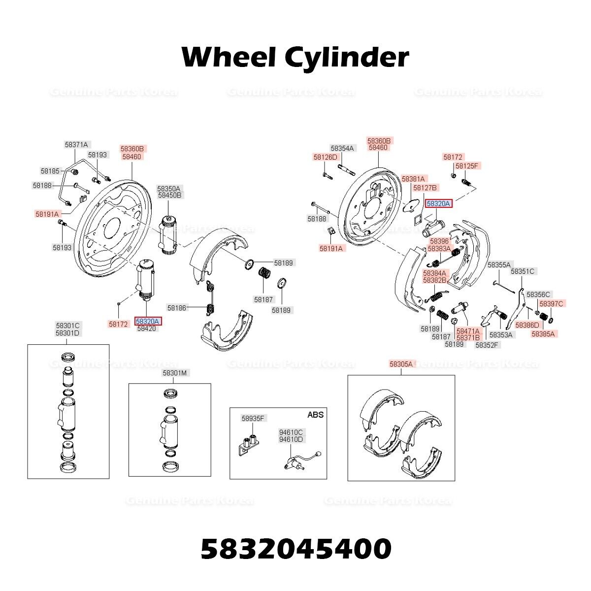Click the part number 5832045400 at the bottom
coord(296,549)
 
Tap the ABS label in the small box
coord(315,415)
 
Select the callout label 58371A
coord(76,145)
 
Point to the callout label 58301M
coord(175,373)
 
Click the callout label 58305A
coord(401,364)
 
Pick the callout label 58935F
coord(253,419)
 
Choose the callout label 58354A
coord(342,148)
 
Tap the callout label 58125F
coord(467,166)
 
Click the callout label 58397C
coord(551,303)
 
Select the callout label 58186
coord(177,308)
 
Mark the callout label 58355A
coord(499,264)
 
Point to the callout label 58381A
coord(413,179)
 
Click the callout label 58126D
coord(326,157)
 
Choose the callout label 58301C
coord(68,326)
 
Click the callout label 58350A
coord(169,189)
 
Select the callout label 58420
coord(147,328)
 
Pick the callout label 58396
coord(439,241)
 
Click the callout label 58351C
coord(523,271)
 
